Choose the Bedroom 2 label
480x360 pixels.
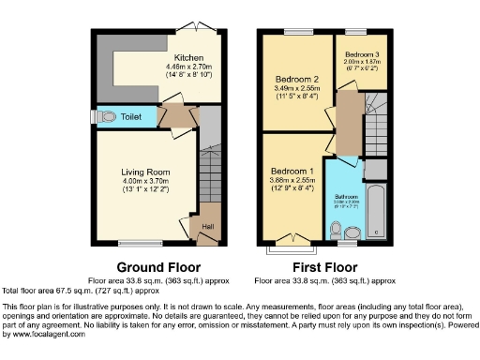click(297, 80)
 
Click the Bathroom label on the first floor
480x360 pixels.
click(346, 198)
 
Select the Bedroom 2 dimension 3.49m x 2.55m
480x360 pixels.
click(297, 90)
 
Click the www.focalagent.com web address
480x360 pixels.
click(45, 335)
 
